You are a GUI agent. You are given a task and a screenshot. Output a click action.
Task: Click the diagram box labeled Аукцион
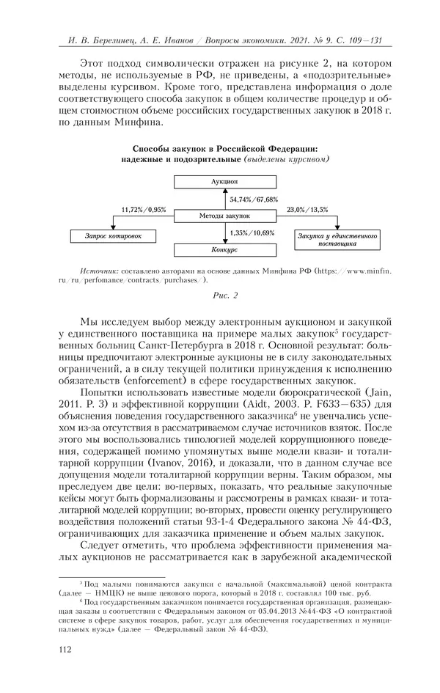(x=224, y=180)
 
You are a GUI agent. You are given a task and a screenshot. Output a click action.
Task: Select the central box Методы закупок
(x=224, y=216)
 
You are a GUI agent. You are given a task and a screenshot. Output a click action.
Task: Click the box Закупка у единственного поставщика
(x=336, y=239)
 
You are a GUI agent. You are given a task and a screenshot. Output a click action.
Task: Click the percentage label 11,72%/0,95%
(x=140, y=209)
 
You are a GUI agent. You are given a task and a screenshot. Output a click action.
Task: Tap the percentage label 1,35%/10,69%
(x=252, y=233)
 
